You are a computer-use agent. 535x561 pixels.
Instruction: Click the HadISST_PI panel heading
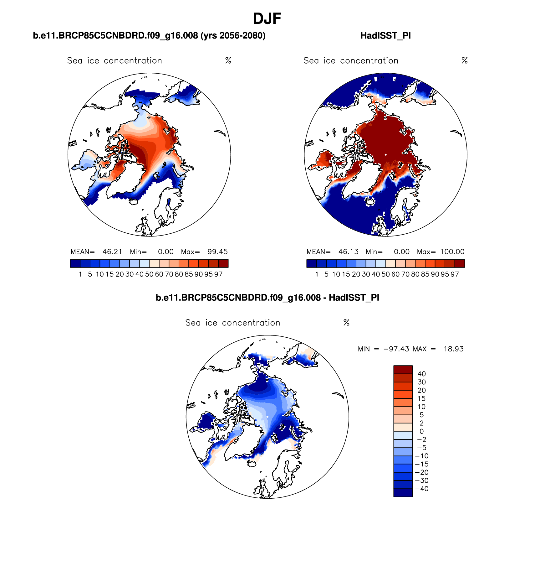(385, 36)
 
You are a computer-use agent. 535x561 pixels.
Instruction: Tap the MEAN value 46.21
(112, 252)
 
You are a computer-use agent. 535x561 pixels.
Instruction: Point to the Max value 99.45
(217, 252)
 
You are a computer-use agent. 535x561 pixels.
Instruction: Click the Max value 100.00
(452, 252)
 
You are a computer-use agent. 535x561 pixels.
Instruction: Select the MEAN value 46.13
(348, 252)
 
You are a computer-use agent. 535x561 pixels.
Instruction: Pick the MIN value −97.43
(396, 349)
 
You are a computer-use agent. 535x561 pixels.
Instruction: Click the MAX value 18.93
(454, 349)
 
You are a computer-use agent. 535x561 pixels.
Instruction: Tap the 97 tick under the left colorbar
(218, 274)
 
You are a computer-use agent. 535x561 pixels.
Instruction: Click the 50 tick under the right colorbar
(385, 274)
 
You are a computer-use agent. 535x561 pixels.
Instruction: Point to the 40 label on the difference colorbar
(421, 374)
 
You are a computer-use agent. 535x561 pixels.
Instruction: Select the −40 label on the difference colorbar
(421, 489)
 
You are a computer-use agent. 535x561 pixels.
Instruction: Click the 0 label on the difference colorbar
(421, 432)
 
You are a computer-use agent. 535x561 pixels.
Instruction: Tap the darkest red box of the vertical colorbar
(403, 370)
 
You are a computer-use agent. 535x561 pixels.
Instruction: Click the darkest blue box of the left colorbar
(75, 263)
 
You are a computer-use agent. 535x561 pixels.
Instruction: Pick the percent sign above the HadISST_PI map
(465, 61)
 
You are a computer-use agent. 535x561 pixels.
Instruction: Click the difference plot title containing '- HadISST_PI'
(267, 298)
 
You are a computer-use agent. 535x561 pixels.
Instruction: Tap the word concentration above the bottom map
(251, 323)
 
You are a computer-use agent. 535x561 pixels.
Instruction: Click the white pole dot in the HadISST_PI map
(386, 155)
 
